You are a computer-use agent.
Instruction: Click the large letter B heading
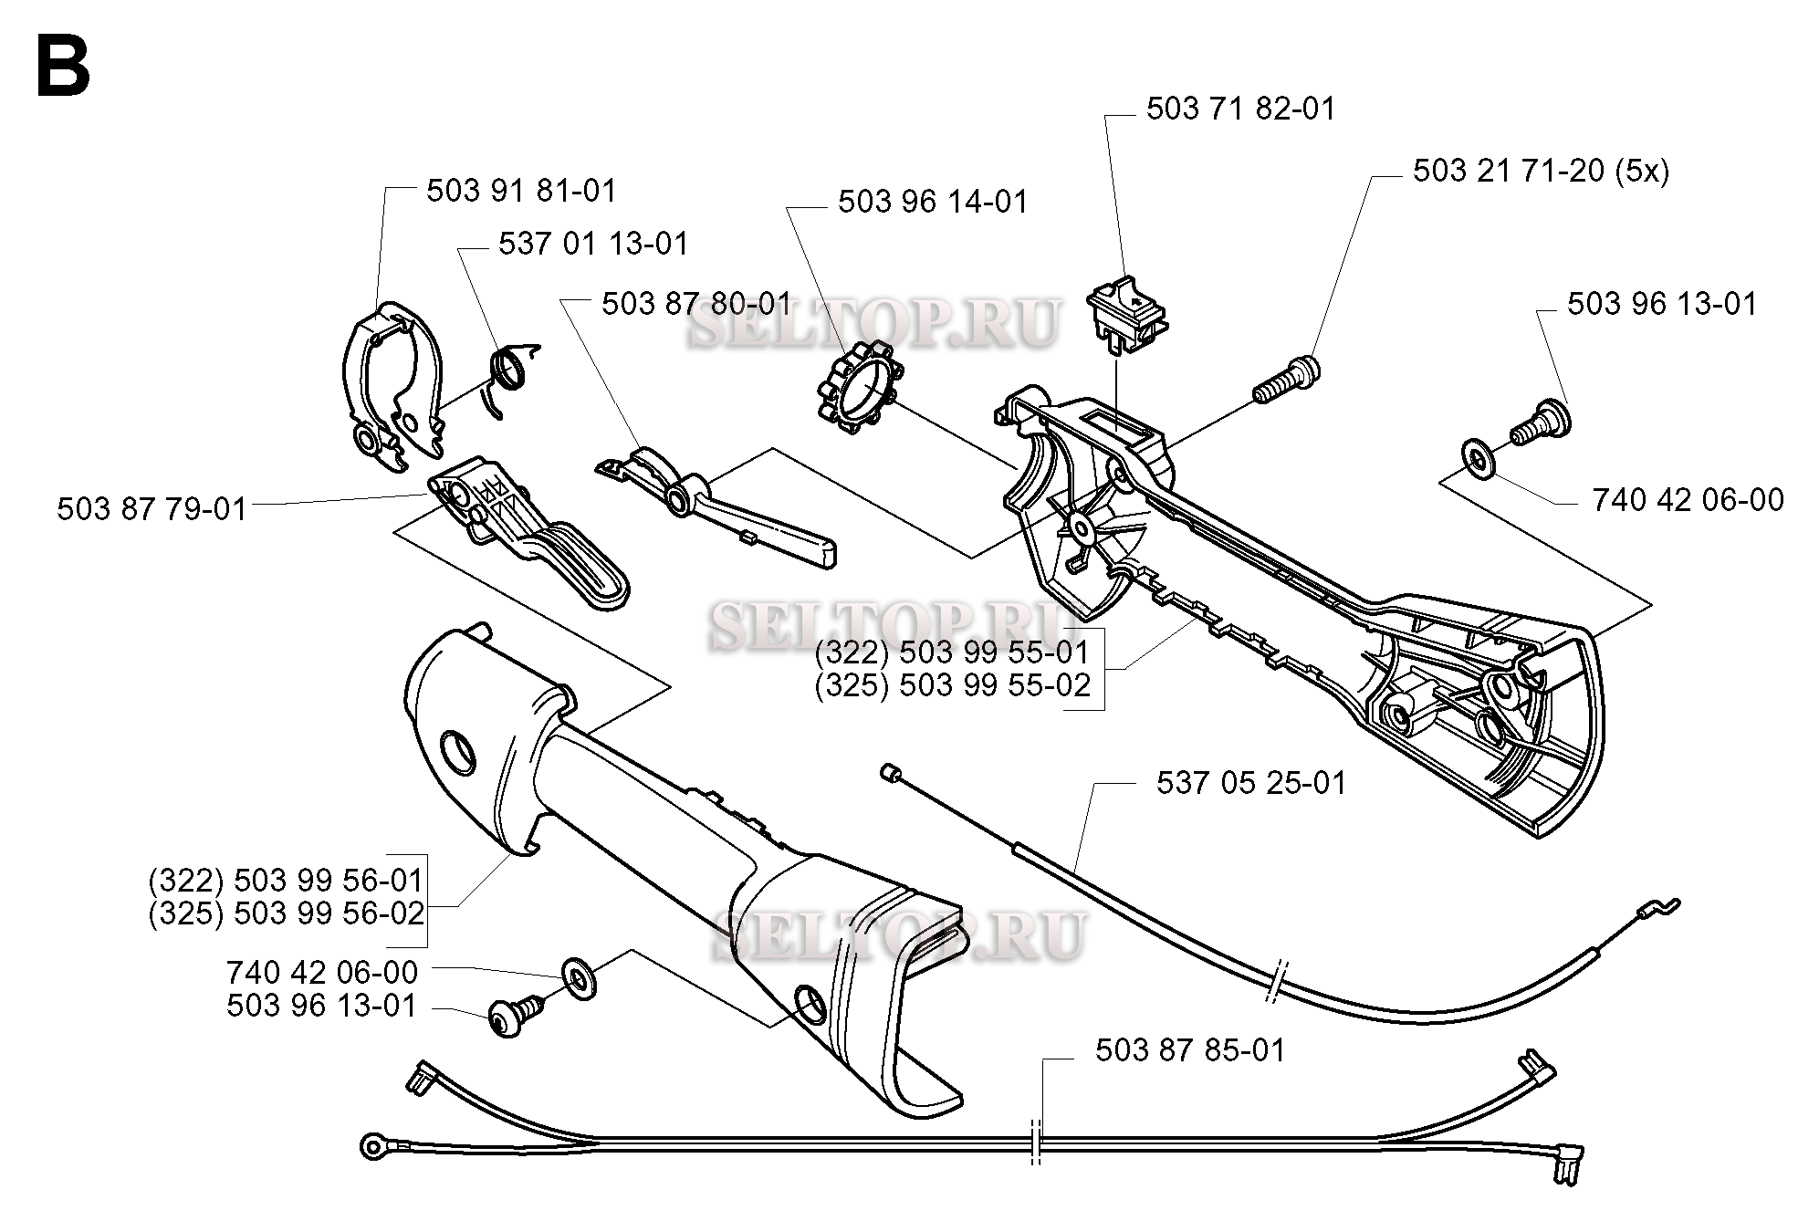point(63,68)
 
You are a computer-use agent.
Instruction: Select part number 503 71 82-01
point(1240,110)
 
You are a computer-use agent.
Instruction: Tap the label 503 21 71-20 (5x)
point(1541,171)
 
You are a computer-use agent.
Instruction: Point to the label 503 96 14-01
point(933,202)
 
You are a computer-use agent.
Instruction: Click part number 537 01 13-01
point(593,245)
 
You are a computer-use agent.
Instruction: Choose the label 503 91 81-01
point(521,191)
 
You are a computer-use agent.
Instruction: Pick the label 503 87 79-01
point(152,509)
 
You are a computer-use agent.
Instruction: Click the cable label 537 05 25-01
point(1250,783)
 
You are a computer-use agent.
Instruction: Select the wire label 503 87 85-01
point(1190,1050)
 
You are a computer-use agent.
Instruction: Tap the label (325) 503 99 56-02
point(287,913)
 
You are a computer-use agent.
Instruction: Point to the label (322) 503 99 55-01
point(952,652)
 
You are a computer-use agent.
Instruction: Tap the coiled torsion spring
point(510,373)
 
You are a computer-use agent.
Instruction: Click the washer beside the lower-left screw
point(577,979)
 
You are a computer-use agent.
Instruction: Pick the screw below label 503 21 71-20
point(1287,381)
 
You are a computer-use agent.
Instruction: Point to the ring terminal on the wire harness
point(374,1146)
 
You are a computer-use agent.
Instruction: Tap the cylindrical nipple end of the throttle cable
point(887,772)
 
